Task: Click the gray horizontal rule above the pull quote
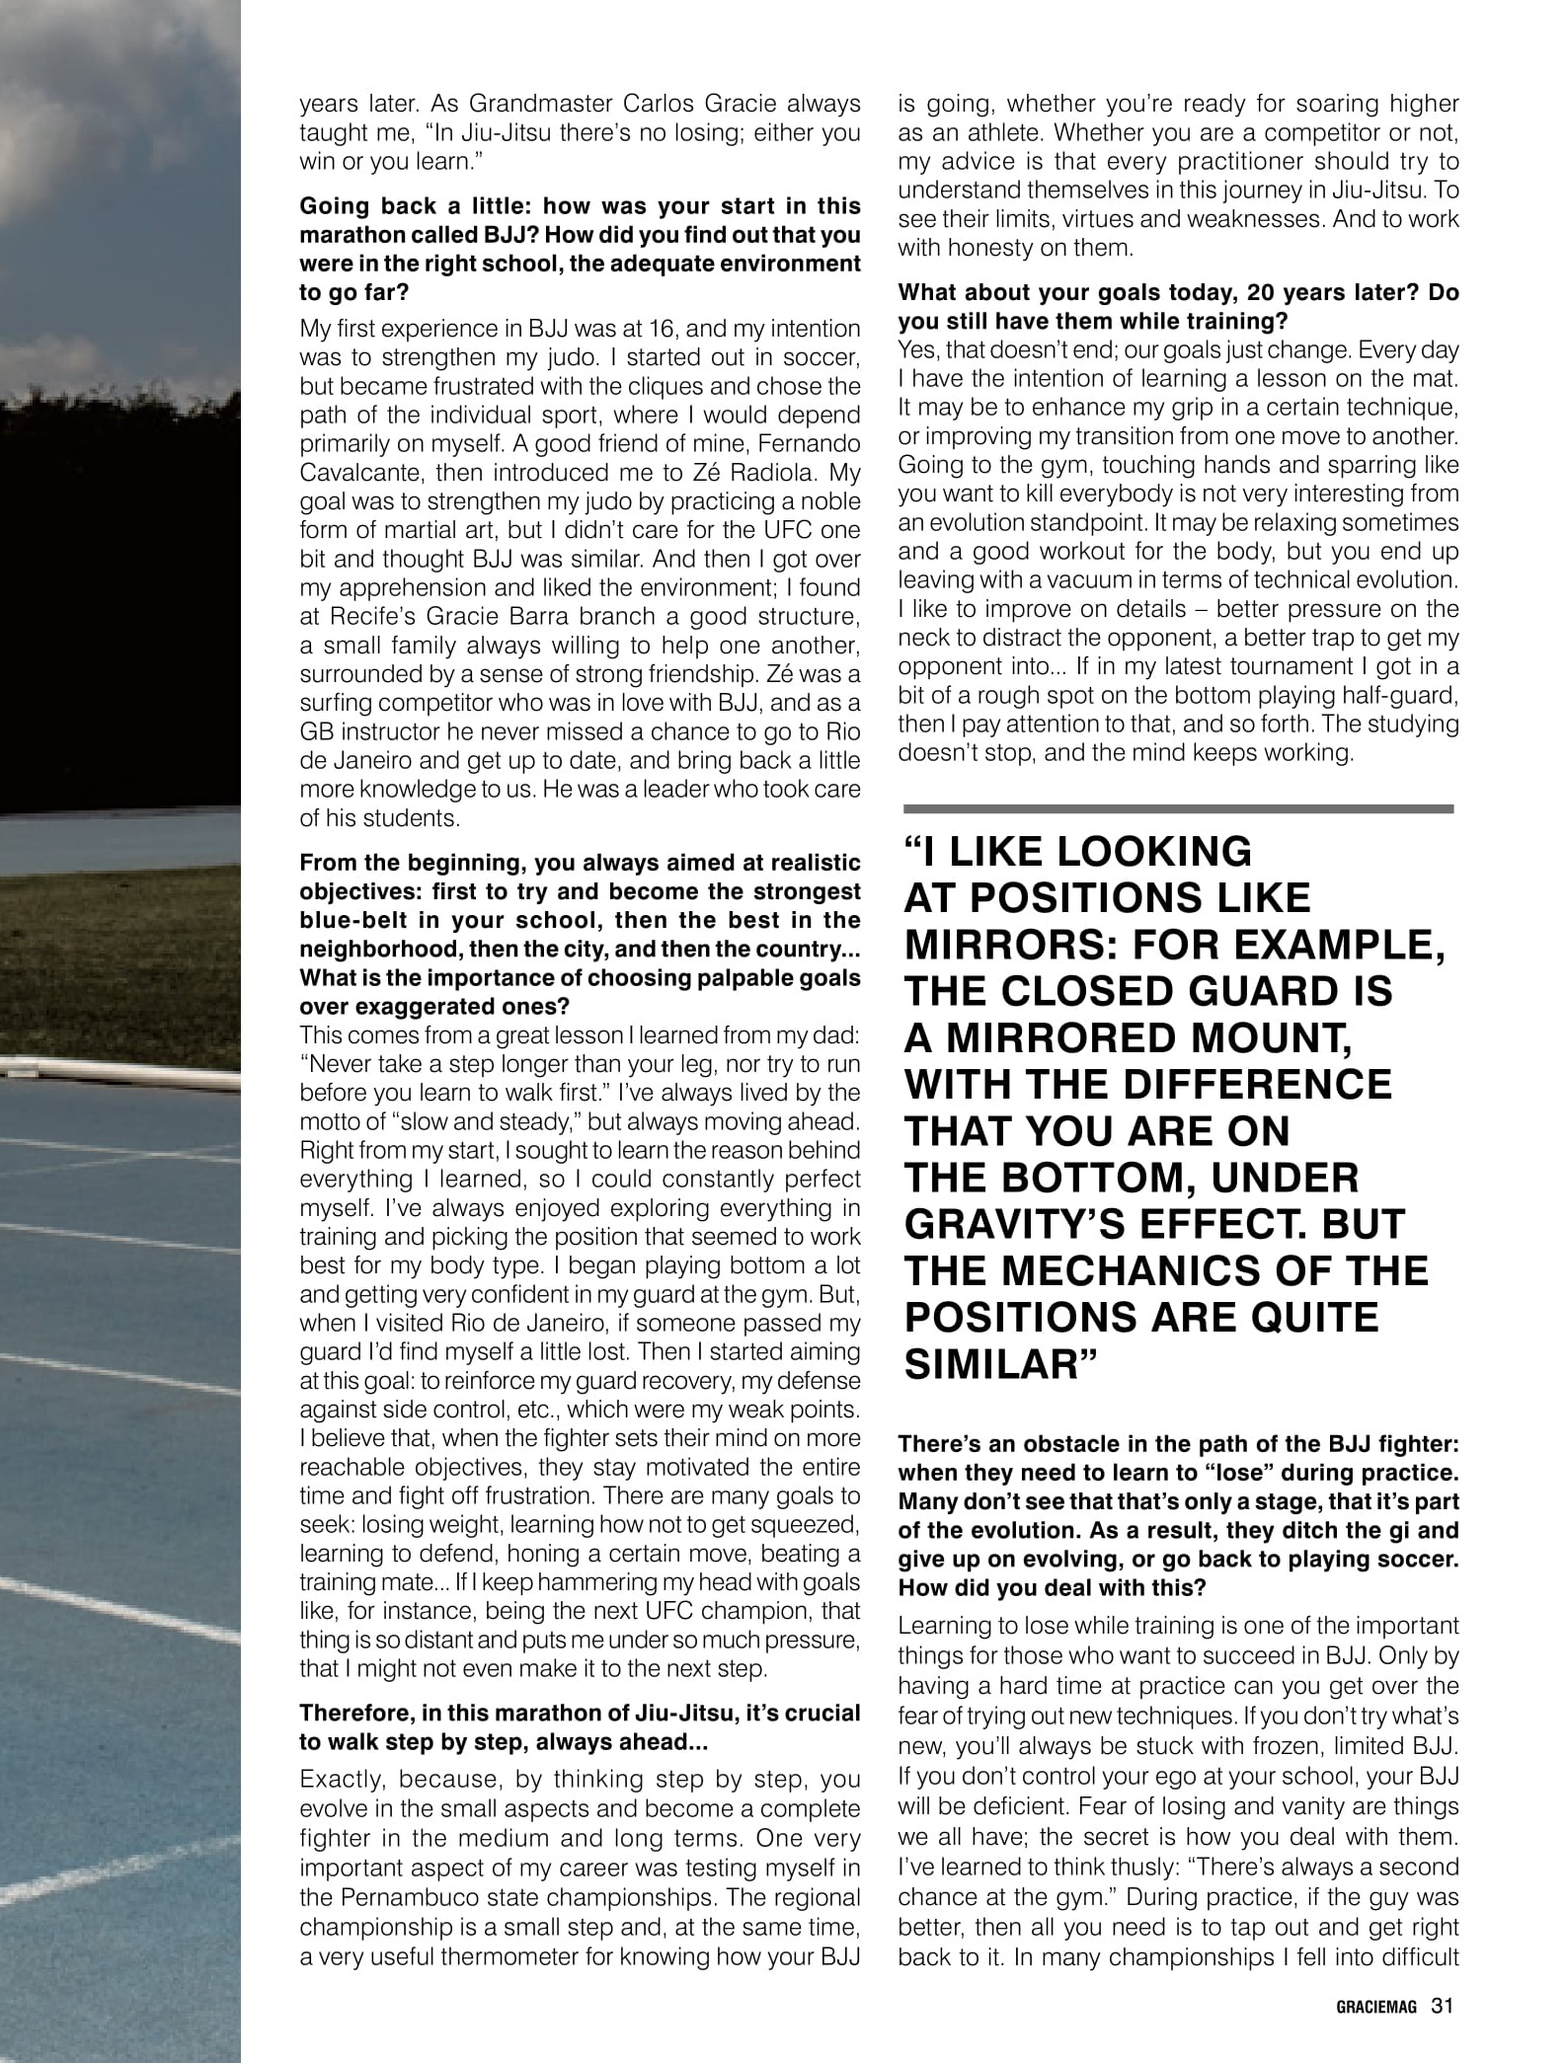tap(1178, 808)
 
